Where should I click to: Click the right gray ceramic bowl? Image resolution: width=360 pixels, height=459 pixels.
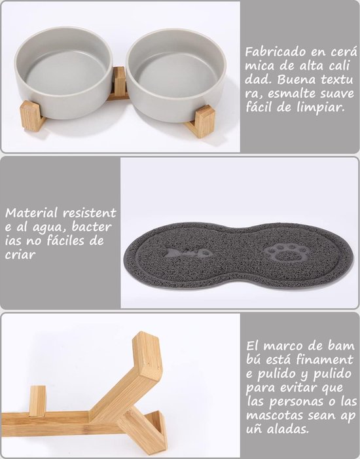coord(176,75)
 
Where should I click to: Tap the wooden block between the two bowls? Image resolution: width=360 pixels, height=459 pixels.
coord(119,81)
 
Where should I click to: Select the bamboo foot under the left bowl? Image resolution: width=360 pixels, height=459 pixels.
coord(31,116)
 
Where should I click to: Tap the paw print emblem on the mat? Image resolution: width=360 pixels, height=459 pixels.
coord(286,253)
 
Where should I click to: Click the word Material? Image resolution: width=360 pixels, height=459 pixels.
coord(31,213)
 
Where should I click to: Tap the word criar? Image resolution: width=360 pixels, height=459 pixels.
coord(20,254)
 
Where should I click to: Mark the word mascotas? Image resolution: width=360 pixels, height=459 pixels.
coord(274,416)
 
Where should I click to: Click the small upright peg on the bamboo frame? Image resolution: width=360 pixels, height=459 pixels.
coord(37,401)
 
